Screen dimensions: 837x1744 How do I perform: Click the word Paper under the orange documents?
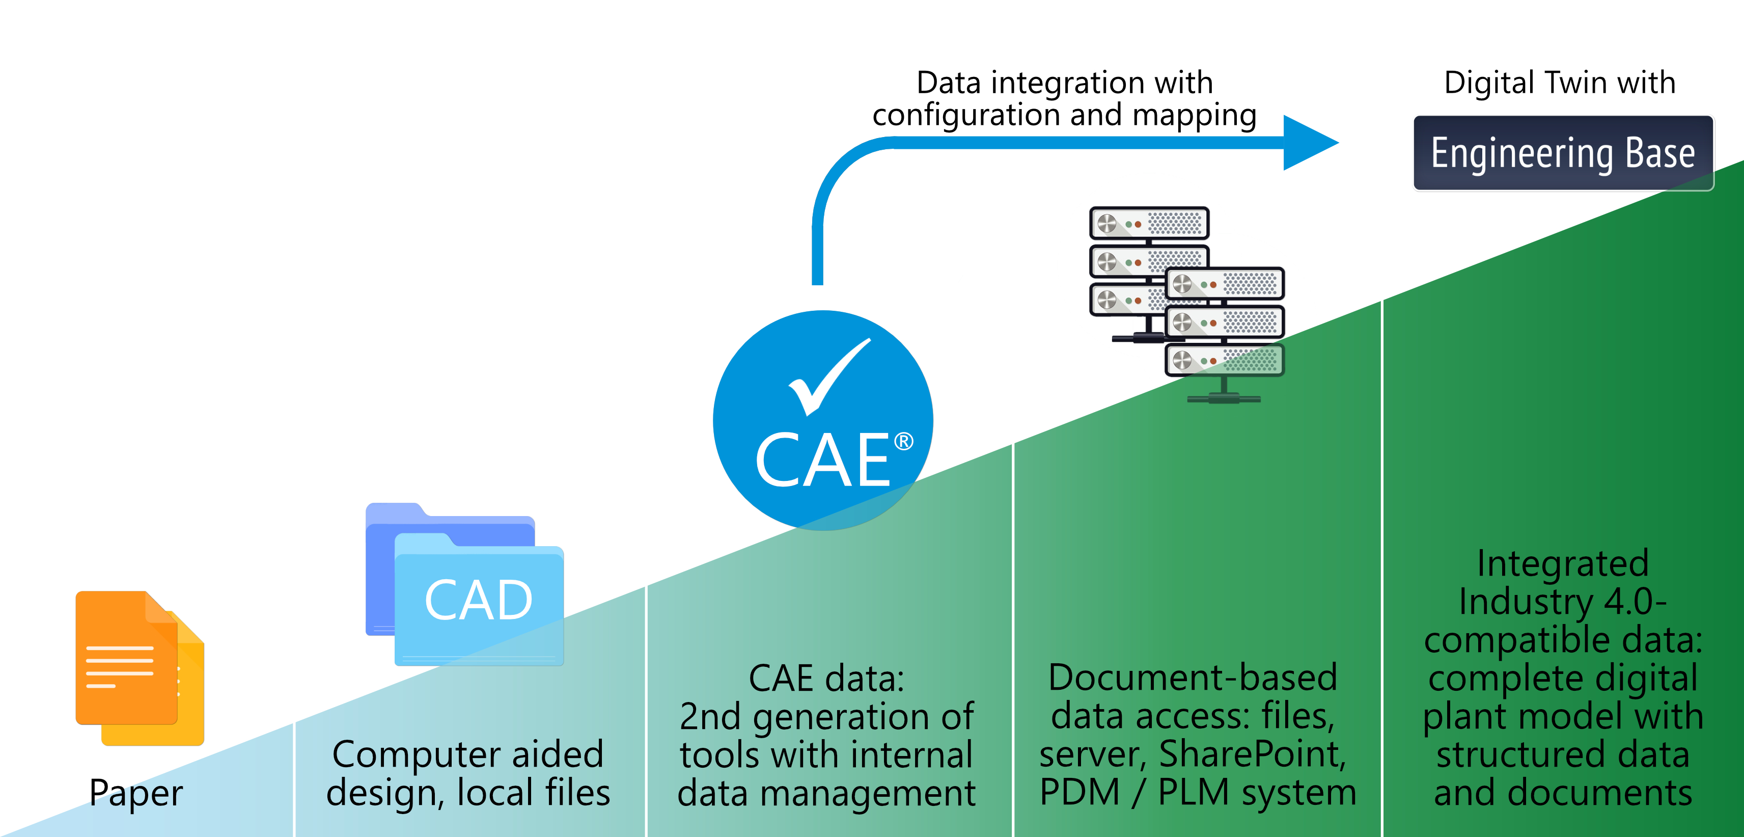[136, 792]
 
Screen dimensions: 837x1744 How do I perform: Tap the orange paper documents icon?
[139, 667]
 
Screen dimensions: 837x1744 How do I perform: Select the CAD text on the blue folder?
[479, 600]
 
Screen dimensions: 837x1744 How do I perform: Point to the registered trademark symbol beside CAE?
[904, 442]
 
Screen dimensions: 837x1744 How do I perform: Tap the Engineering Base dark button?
[1563, 153]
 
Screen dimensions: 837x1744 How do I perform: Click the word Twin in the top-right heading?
[1578, 83]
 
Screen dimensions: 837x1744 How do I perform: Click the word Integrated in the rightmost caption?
[1563, 563]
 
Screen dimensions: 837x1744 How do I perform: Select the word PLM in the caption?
[1193, 792]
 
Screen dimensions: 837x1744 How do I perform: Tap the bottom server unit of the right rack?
[1225, 360]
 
